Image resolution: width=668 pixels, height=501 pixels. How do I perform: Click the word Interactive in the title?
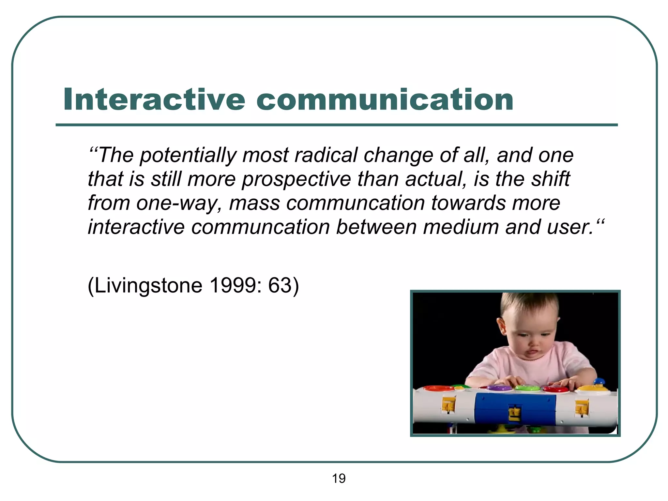click(154, 99)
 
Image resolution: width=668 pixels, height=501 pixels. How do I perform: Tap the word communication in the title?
click(385, 99)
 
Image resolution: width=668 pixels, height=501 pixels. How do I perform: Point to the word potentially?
click(188, 156)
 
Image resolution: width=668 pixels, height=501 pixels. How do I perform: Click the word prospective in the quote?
click(296, 179)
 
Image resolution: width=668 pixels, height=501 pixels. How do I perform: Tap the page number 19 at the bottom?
click(339, 478)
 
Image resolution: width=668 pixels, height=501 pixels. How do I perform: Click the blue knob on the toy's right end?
click(600, 382)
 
